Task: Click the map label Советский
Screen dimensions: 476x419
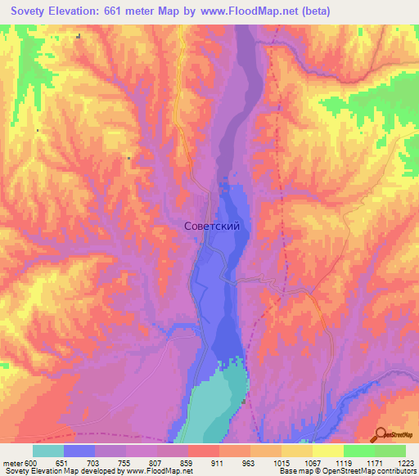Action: (x=212, y=227)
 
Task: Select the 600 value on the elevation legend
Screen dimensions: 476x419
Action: (x=31, y=463)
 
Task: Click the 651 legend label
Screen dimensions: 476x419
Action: (x=65, y=463)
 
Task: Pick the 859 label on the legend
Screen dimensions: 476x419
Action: (x=187, y=463)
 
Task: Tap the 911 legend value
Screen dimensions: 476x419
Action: (x=219, y=463)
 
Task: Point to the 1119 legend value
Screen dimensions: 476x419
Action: (x=342, y=463)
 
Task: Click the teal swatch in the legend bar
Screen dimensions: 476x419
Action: (x=48, y=451)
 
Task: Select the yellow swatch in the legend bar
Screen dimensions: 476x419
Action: (x=327, y=451)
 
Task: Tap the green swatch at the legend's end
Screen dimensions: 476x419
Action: (x=390, y=451)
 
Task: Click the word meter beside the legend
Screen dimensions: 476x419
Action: (x=11, y=463)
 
